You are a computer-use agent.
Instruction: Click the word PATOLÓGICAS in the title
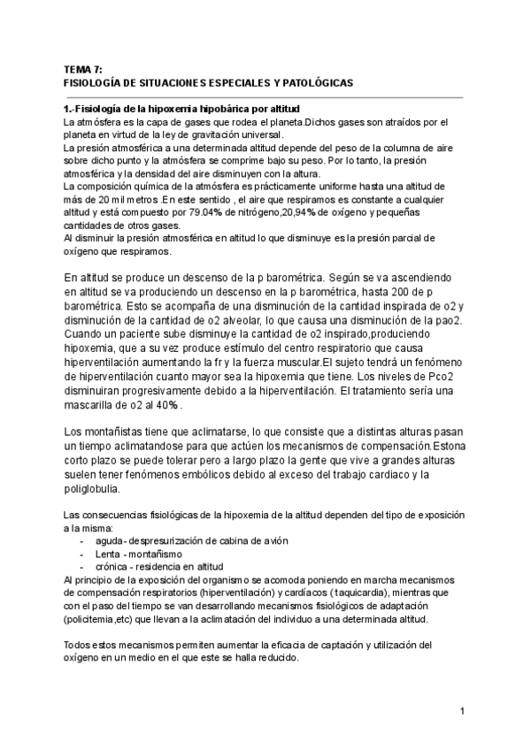[x=315, y=82]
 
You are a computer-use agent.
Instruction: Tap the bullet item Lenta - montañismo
[x=134, y=554]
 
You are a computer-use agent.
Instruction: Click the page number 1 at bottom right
[x=463, y=711]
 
